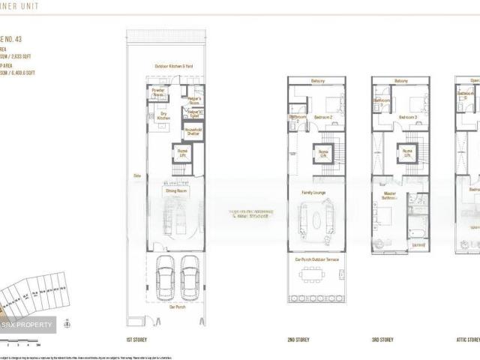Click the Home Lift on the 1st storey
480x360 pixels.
click(181, 153)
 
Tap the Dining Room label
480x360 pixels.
click(176, 191)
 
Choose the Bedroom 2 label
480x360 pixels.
click(323, 117)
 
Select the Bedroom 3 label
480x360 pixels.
click(408, 117)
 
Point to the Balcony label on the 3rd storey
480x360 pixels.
click(401, 81)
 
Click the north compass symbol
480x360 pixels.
click(67, 324)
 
